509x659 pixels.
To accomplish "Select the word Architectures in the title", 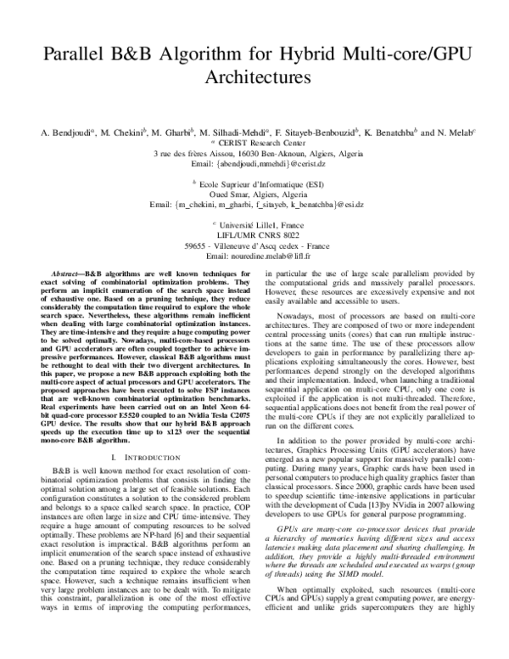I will point(255,78).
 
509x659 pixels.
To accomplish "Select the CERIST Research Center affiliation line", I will point(255,144).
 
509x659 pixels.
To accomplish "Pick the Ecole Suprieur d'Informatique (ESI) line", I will point(255,183).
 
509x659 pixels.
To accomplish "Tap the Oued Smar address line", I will point(255,193).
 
